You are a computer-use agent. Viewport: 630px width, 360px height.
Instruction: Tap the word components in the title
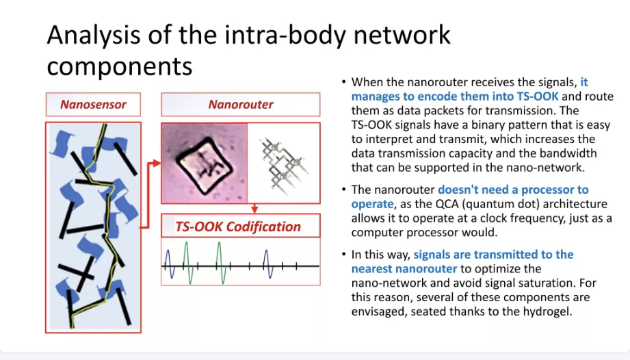coord(120,67)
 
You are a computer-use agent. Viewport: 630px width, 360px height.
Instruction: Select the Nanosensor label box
coord(93,105)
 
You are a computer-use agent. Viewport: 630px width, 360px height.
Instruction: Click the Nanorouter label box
coord(240,105)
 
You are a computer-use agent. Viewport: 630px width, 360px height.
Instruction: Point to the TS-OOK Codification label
coord(238,227)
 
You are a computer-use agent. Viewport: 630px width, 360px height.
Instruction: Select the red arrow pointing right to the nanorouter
coord(153,164)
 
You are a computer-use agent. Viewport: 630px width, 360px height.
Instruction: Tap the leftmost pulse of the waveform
coord(170,264)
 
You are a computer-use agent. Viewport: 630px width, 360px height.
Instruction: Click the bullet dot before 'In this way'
coord(344,255)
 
